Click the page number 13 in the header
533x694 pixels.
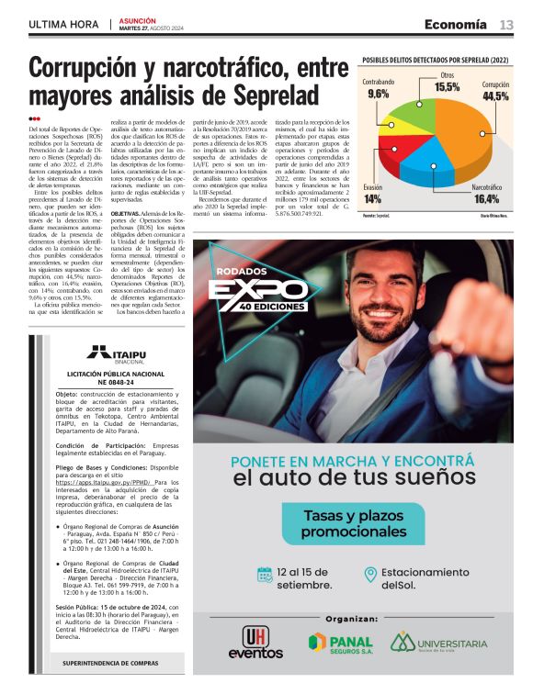coord(506,24)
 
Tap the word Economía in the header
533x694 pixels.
coord(456,24)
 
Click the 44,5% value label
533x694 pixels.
coord(495,96)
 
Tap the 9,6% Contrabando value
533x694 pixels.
coord(378,94)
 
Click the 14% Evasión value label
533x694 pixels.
coord(372,198)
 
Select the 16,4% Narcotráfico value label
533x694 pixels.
coord(486,198)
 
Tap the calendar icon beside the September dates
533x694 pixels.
coord(265,575)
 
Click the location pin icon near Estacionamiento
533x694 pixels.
coord(370,575)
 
